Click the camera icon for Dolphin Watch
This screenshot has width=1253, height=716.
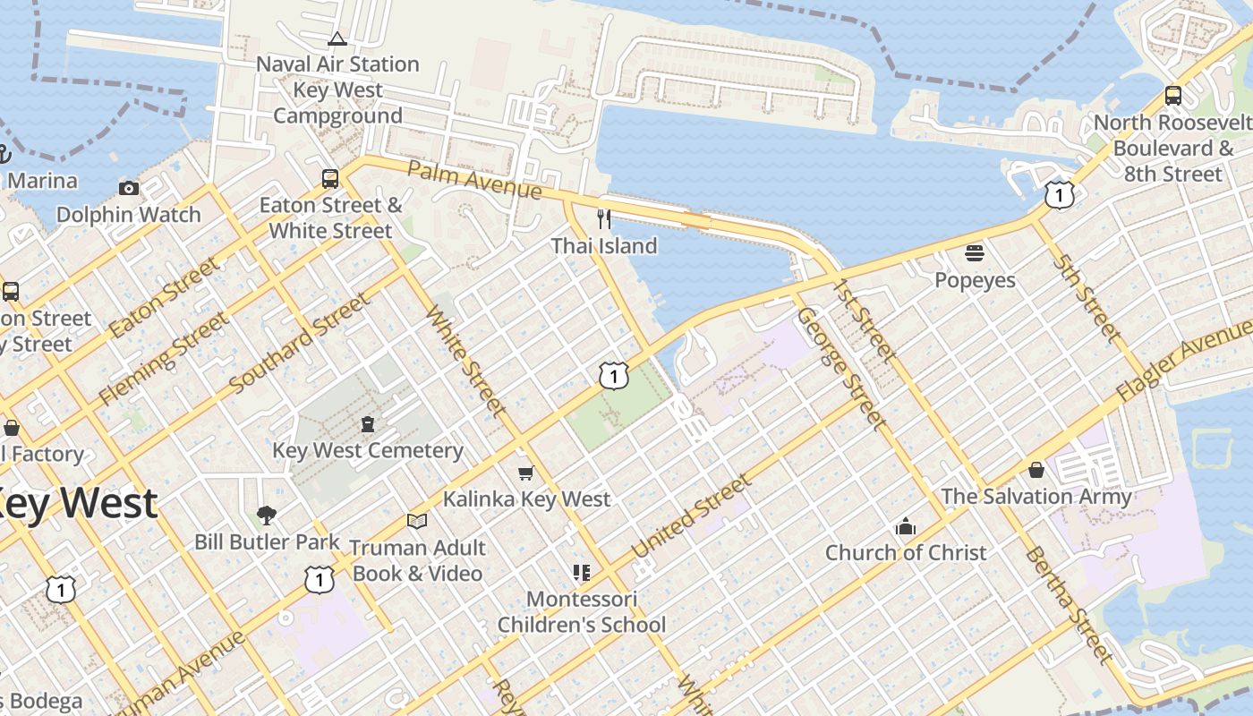pos(129,188)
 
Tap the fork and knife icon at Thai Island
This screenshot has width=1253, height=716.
pos(604,219)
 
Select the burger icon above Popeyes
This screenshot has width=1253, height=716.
pos(975,253)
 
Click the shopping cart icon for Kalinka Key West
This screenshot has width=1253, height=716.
pos(526,473)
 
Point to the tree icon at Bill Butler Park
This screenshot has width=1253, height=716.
pos(266,515)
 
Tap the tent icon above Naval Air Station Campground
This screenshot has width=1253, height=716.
pos(337,38)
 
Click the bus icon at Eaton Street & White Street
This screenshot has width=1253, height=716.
pos(330,179)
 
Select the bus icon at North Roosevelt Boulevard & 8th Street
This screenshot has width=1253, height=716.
pos(1172,96)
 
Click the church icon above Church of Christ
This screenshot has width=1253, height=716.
pos(906,526)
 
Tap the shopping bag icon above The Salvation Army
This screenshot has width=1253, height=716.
pos(1036,470)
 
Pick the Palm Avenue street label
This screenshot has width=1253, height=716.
pos(474,180)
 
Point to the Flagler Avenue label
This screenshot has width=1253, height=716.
pos(1183,368)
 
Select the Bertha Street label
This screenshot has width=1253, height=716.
pos(1069,604)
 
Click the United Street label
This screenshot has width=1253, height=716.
pos(692,516)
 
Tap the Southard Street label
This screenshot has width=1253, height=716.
pos(299,343)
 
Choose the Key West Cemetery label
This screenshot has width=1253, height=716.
pos(368,450)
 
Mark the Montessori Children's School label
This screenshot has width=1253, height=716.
pos(582,611)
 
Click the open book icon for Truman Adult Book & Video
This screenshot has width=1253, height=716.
pos(416,521)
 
